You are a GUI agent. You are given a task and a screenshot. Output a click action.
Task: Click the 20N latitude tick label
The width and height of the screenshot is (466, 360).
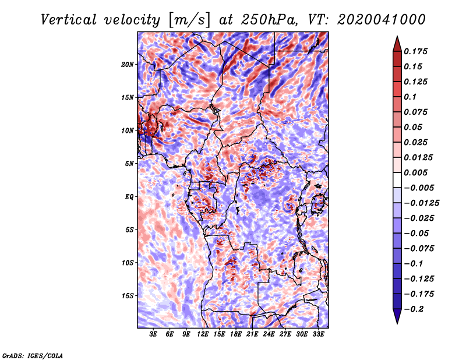coord(127,64)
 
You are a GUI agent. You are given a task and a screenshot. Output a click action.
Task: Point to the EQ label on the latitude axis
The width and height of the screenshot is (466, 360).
coord(129,197)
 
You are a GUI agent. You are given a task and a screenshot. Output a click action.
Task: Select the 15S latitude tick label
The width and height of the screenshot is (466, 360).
coord(127,296)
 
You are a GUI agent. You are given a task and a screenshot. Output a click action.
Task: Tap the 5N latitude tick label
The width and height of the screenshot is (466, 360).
coord(129,164)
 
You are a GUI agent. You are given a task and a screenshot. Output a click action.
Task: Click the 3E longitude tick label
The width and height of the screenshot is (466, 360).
coord(153,334)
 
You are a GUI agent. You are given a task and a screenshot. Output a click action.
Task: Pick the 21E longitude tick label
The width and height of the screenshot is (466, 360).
coord(252,334)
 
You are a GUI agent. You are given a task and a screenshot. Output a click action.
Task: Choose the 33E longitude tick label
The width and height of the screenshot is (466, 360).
coord(318,334)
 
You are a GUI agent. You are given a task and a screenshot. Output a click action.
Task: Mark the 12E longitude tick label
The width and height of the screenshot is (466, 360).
coord(202,334)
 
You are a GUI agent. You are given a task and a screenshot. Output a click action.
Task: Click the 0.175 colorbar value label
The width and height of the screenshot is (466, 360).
coord(415,51)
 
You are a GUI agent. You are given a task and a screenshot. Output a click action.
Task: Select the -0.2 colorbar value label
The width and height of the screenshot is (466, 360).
coord(414,309)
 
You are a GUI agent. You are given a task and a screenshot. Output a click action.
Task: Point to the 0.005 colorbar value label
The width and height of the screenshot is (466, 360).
coord(415,172)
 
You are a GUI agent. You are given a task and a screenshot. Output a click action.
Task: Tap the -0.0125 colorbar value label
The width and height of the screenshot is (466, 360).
coord(421,203)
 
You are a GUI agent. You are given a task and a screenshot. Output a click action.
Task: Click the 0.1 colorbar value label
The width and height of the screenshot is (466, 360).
coord(410,97)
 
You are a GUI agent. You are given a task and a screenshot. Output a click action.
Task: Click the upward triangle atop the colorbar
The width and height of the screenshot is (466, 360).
coord(397,44)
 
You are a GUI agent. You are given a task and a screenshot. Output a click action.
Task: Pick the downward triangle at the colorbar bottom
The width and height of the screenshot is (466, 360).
coord(397,316)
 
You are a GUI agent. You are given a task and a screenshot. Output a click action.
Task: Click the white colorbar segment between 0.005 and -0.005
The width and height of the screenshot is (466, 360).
coord(397,180)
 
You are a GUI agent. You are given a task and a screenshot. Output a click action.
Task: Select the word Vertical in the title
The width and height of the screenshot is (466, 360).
coord(69,20)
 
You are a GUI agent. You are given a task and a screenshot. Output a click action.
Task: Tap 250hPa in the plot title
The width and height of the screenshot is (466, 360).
coord(269,20)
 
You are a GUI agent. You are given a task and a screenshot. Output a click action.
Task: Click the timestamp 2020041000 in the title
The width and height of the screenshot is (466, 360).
coord(382,20)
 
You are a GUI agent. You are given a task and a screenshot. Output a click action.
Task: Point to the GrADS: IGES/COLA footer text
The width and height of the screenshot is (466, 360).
coord(33,356)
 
